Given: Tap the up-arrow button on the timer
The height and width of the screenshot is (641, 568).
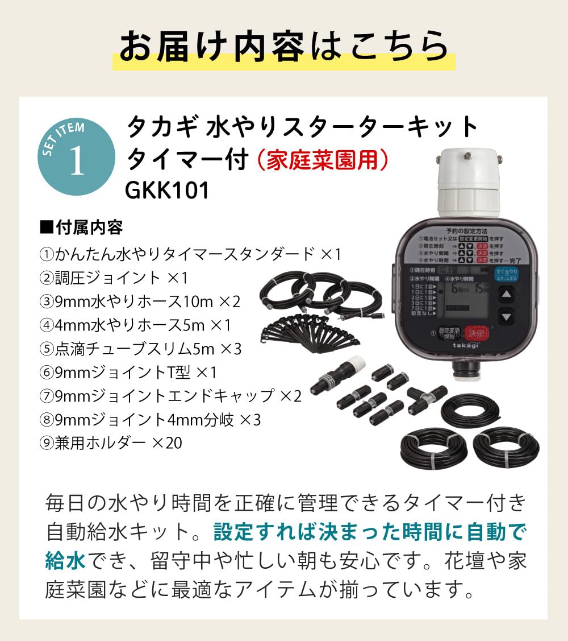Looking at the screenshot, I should tap(507, 294).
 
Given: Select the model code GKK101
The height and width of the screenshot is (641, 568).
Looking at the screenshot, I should tap(168, 191).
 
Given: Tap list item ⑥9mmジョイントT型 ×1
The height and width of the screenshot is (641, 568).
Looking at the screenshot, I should tap(128, 372).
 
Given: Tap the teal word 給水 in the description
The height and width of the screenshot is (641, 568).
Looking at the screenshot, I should tap(65, 559).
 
